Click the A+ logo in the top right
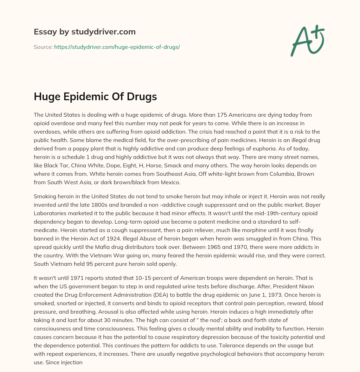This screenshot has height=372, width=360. pos(308,40)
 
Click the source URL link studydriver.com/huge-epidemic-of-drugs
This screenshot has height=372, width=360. pos(117,47)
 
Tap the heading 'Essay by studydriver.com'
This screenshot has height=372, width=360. pos(85,32)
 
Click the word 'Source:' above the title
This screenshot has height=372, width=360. pos(43,47)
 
